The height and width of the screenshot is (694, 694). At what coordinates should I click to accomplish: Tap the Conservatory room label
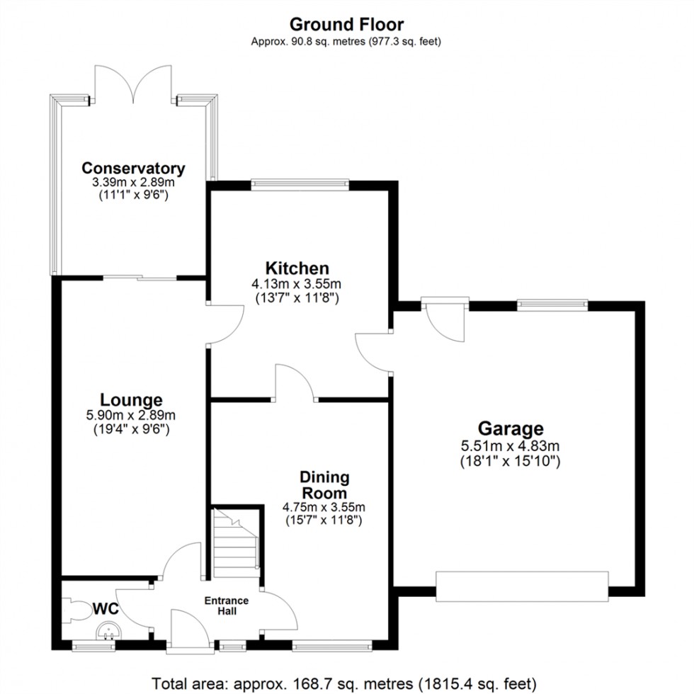point(133,169)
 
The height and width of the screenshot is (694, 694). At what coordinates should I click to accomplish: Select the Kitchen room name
point(297,268)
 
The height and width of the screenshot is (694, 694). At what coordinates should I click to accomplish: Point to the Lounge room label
point(131,400)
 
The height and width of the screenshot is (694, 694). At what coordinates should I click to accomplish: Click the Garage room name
point(511,428)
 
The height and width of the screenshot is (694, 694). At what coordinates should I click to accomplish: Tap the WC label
point(106,608)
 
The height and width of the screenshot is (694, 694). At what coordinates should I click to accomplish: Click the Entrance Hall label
point(227,605)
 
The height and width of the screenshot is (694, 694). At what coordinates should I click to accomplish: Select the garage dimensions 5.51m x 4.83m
point(510,446)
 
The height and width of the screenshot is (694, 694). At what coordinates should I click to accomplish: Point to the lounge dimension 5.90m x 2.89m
point(131,416)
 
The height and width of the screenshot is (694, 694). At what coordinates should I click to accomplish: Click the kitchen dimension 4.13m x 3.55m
point(297,284)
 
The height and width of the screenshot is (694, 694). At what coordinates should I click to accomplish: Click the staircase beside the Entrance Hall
point(234,542)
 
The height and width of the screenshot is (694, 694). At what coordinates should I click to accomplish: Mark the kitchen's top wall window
point(300,185)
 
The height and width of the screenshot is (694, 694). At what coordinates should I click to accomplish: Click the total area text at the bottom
point(346,683)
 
